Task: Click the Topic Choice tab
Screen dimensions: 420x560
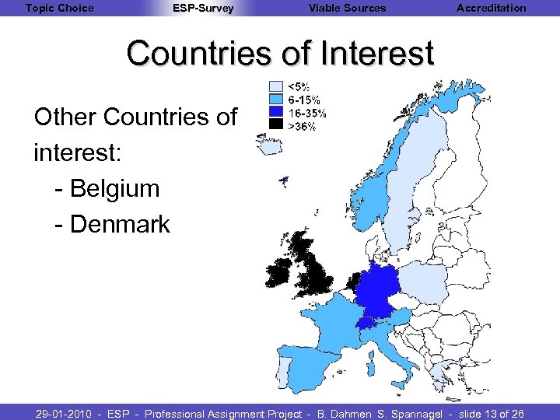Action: pos(59,8)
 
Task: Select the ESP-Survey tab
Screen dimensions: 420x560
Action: pos(202,8)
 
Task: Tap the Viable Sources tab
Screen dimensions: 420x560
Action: pos(347,8)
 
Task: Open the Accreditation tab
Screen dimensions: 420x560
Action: pos(491,8)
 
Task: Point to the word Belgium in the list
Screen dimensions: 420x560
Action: pos(114,188)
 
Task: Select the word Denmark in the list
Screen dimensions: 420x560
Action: pos(120,224)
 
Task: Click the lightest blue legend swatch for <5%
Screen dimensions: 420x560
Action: pos(275,86)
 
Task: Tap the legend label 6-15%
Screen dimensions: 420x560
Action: pos(304,100)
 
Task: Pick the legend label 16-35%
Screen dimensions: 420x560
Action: pos(307,113)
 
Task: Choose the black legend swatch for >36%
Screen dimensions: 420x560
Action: pos(275,125)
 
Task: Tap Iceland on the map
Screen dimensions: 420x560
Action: pos(272,145)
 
